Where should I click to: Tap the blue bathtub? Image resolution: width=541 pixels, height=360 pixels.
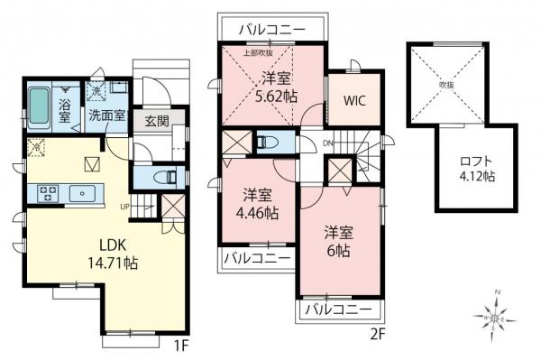(40, 107)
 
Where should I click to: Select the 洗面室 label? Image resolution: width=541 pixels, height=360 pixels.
(105, 116)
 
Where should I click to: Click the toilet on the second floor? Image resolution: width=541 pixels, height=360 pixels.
(269, 142)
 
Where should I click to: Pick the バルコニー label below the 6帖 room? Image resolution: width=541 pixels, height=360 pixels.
(338, 309)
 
